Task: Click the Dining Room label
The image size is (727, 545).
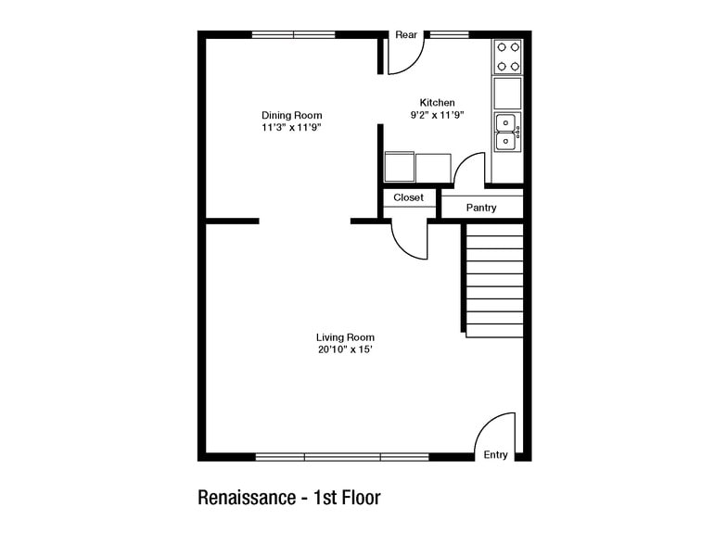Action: click(x=291, y=115)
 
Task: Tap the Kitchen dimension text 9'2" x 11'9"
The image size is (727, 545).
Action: click(x=437, y=115)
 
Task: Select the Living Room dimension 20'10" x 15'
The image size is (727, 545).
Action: click(x=345, y=350)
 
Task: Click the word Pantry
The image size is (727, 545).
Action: click(x=481, y=208)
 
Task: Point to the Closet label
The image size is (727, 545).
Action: click(x=408, y=197)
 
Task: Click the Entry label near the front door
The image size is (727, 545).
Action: click(x=495, y=455)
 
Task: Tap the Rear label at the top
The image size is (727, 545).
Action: click(x=406, y=34)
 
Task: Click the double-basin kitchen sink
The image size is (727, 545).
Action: click(x=506, y=132)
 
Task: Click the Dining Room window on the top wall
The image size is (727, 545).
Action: click(x=293, y=34)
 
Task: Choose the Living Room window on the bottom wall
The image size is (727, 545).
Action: click(x=342, y=456)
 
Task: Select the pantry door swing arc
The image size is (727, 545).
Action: click(x=469, y=171)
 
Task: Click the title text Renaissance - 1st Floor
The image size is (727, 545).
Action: click(x=289, y=498)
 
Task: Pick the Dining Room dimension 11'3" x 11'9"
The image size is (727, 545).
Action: click(x=291, y=128)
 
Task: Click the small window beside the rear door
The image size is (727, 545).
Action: click(x=449, y=34)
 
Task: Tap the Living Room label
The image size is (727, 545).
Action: click(x=345, y=337)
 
